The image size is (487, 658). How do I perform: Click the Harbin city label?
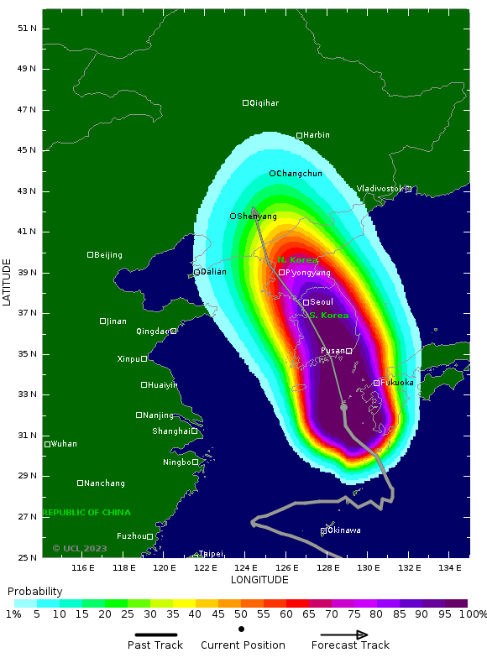tap(317, 135)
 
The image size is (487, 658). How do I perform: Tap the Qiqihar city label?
tap(264, 103)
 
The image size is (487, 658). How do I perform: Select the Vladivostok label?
tap(380, 189)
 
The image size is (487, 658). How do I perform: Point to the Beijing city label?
tap(107, 255)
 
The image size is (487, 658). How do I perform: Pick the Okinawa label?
tap(344, 530)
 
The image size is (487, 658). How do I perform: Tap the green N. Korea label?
tap(298, 260)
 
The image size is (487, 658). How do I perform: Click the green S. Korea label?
tap(328, 316)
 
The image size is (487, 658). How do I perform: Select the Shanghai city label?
tap(171, 431)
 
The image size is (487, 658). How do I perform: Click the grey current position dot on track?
tap(343, 407)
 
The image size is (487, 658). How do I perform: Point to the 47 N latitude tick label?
tap(28, 110)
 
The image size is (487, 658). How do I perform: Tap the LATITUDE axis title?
tap(7, 282)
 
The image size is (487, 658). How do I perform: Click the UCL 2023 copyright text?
tap(80, 549)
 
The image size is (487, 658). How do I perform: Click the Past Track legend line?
tap(160, 635)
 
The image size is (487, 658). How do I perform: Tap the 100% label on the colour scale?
tap(473, 614)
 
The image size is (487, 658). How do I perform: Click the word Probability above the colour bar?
tap(35, 592)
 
